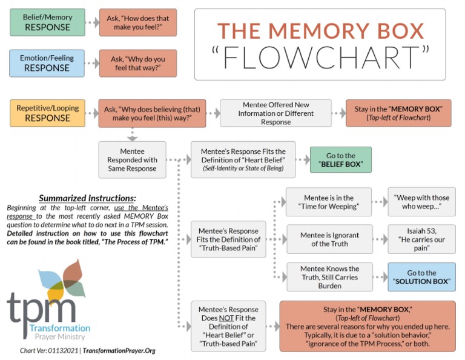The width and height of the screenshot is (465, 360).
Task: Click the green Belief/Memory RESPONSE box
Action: point(48,22)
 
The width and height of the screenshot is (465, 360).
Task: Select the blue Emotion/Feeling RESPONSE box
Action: point(48,63)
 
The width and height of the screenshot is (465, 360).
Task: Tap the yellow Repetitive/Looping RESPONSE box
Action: point(48,113)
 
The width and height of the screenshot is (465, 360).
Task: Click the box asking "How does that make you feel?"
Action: point(138,22)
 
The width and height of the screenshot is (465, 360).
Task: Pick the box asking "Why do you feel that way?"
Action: point(138,63)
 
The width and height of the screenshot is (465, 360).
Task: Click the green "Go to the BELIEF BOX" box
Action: point(340,160)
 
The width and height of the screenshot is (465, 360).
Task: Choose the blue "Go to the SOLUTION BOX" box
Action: point(421,277)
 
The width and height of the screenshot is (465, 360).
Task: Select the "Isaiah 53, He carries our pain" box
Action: point(421,239)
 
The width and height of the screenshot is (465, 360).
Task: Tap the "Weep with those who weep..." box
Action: point(421,202)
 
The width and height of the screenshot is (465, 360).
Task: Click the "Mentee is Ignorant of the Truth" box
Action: point(331,239)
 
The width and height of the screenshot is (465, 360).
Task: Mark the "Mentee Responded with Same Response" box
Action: point(132,159)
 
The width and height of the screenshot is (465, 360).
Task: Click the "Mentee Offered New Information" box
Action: point(275,113)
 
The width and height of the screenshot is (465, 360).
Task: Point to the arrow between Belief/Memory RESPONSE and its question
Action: point(92,22)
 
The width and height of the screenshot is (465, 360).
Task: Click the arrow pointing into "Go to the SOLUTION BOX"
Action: point(379,277)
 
